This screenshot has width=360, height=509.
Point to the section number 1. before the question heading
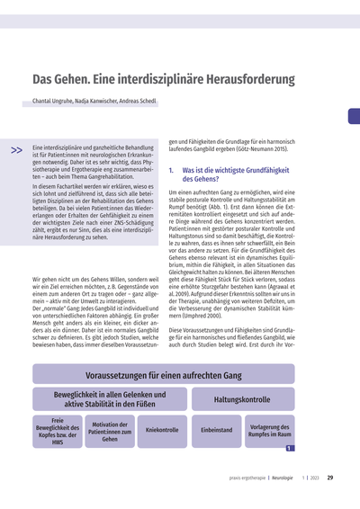tap(172, 169)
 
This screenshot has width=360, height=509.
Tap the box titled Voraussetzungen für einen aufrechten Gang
tap(150, 374)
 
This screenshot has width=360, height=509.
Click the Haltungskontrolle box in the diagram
tap(241, 399)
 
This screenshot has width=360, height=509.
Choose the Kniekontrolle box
tap(162, 431)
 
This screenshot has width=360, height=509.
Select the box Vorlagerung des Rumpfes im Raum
tap(268, 431)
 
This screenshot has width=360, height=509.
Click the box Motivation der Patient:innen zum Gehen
tap(110, 432)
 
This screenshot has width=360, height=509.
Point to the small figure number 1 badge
tap(288, 446)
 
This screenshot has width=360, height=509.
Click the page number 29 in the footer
tap(330, 478)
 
